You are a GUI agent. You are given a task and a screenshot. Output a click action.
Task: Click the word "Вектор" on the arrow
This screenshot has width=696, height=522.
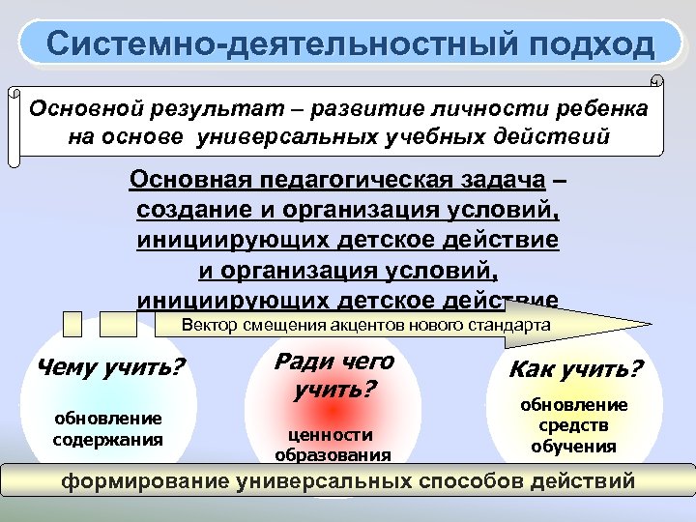207,325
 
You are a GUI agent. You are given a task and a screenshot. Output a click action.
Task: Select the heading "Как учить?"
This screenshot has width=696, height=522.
575,369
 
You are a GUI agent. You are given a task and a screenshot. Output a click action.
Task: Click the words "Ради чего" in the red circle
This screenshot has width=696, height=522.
335,362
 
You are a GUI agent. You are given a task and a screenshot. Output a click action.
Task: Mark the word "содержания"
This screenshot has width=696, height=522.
107,438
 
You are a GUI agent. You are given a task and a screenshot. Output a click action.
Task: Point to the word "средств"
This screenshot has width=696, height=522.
574,425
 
